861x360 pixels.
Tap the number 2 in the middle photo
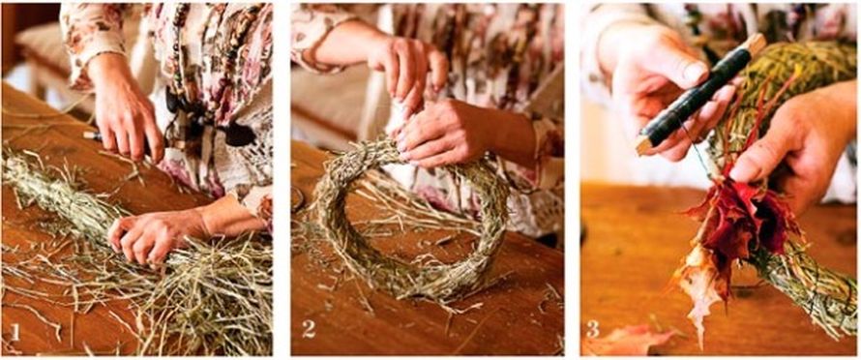click(x=309, y=329)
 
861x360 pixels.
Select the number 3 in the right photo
click(x=592, y=329)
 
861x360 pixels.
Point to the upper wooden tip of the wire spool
click(x=757, y=43)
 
